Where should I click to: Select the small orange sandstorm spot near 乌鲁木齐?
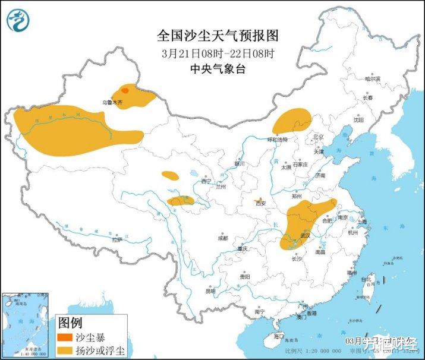pos(125,91)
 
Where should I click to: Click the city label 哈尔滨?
pos(372,78)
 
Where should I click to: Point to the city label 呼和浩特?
pos(276,140)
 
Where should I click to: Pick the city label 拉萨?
pos(117,239)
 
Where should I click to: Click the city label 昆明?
pos(210,291)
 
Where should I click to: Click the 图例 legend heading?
pos(70,323)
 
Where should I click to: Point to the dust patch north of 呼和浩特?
pos(292,121)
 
